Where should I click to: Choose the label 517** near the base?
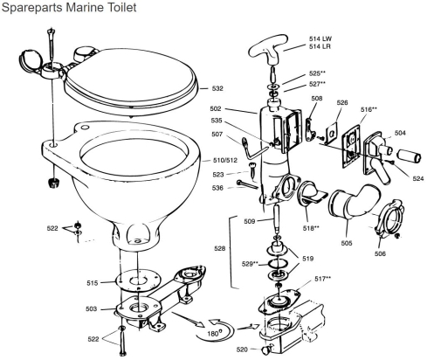click(x=322, y=278)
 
